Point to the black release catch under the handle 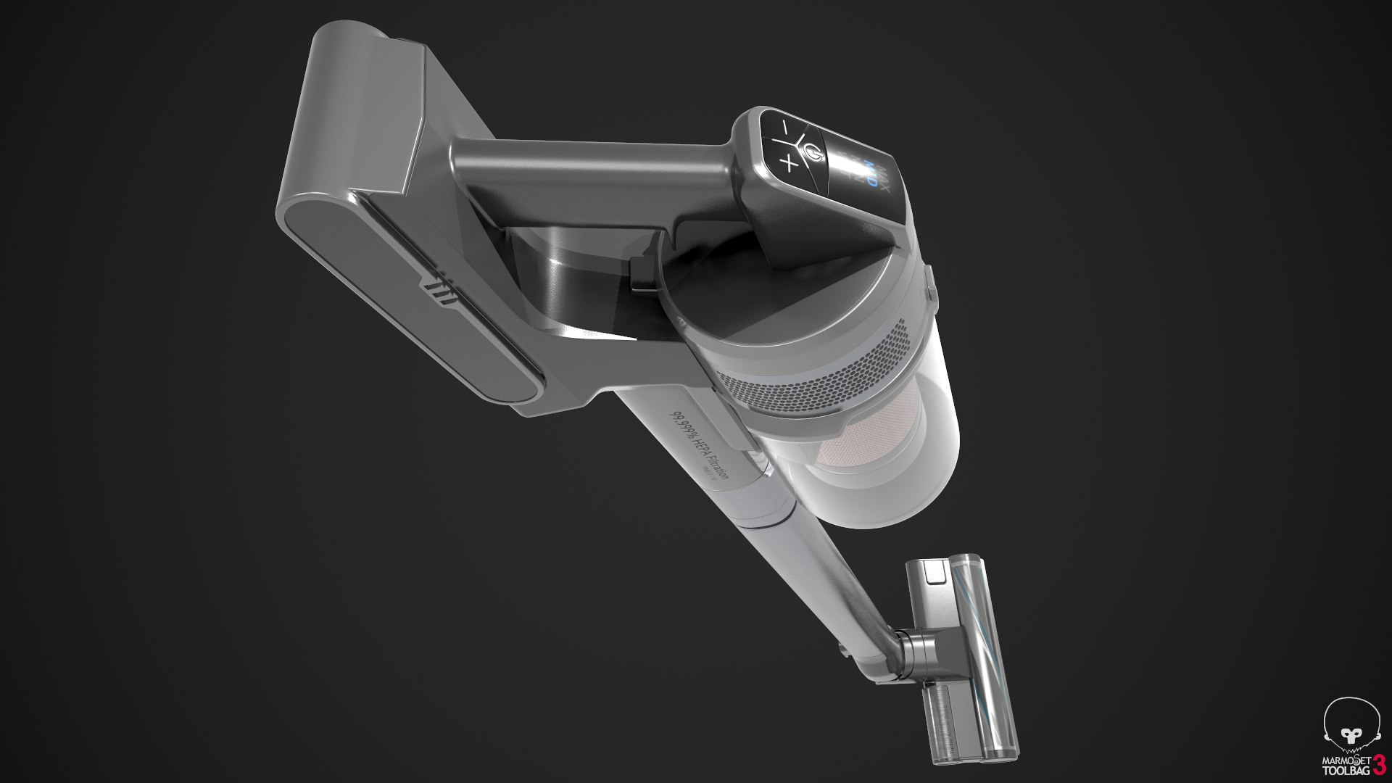(641, 276)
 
